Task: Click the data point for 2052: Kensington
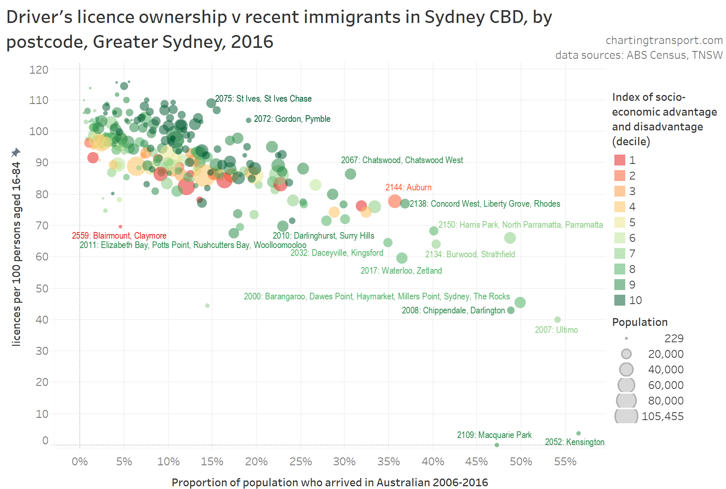(x=578, y=433)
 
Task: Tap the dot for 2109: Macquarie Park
(x=497, y=445)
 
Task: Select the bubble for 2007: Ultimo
(x=557, y=320)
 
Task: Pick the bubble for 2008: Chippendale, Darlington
(x=511, y=310)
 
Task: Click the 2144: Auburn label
(x=408, y=187)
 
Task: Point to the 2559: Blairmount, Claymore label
(x=119, y=236)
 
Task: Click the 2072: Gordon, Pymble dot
(x=249, y=120)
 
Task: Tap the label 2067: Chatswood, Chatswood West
(x=402, y=160)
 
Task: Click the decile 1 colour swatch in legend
(x=619, y=160)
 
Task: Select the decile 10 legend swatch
(x=619, y=300)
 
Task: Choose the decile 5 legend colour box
(x=619, y=222)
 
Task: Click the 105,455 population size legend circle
(x=626, y=416)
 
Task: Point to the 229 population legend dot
(x=626, y=338)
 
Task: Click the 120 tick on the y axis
(x=39, y=70)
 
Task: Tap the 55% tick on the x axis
(x=565, y=462)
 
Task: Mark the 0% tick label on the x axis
(x=80, y=462)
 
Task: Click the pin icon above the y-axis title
(x=16, y=152)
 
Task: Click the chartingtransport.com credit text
(x=664, y=40)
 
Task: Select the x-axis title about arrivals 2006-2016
(x=330, y=482)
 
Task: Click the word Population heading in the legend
(x=640, y=322)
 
